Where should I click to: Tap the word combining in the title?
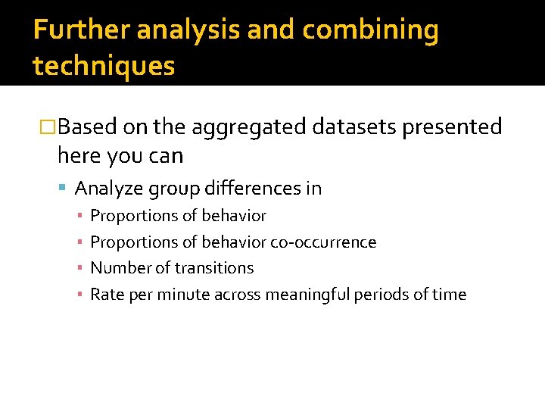(x=370, y=30)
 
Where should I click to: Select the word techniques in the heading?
(x=104, y=66)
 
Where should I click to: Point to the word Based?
(x=87, y=126)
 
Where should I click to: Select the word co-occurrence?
(x=323, y=242)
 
